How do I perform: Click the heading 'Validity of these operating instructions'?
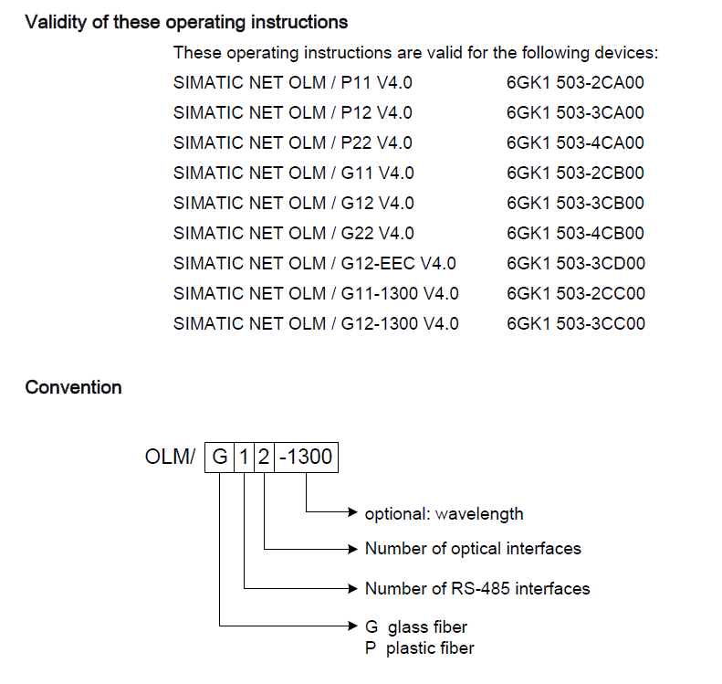tap(186, 22)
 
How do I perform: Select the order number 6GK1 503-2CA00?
tap(575, 83)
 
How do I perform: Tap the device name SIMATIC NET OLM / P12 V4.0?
tap(292, 113)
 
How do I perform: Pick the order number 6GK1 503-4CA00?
tap(575, 143)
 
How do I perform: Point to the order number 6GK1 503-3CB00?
tap(575, 204)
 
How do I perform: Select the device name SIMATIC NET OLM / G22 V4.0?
tap(293, 234)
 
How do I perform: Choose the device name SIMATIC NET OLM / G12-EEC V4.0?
tap(314, 264)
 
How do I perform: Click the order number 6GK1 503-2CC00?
tap(575, 294)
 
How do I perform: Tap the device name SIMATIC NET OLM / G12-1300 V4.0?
tap(316, 324)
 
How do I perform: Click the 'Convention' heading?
tap(73, 387)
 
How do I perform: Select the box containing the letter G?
tap(219, 457)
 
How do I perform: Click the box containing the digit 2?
tap(263, 457)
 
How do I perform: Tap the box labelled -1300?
tap(306, 457)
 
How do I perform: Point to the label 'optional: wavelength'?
tap(444, 513)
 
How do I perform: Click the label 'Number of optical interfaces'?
tap(473, 549)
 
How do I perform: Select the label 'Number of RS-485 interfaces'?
tap(476, 588)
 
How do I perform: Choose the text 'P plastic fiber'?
tap(419, 648)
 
